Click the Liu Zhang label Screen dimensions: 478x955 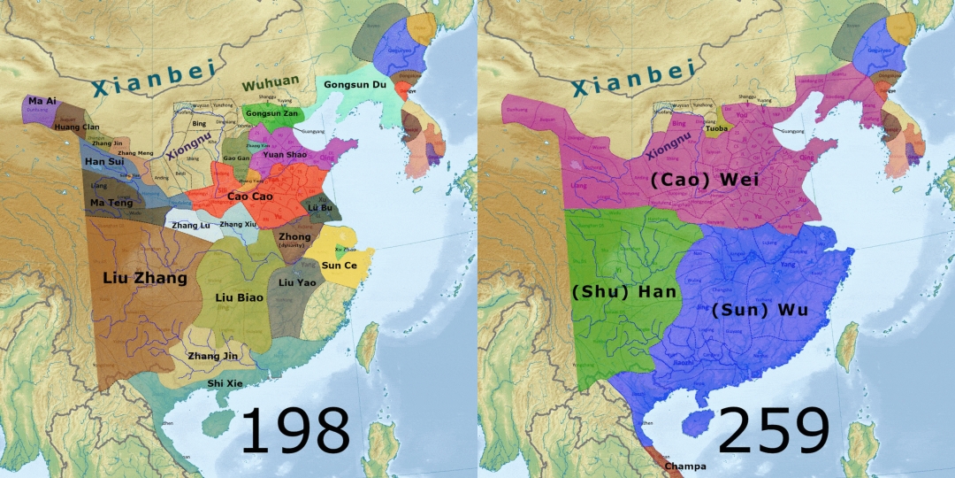pos(145,278)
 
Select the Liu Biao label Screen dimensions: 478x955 pos(238,297)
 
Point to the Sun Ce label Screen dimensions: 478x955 pos(340,265)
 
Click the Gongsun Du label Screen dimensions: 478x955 pos(355,85)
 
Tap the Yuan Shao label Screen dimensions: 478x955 pos(284,155)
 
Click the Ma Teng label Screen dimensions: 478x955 pos(111,203)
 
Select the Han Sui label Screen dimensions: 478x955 pos(104,162)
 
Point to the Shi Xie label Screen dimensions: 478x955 pos(226,383)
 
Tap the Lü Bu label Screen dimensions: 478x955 pos(319,206)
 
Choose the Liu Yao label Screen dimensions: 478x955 pos(297,282)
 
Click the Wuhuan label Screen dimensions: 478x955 pos(269,84)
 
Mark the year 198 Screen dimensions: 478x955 pos(295,431)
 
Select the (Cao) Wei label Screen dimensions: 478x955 pos(706,180)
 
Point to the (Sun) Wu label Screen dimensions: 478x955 pos(761,310)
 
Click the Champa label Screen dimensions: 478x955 pos(685,466)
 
